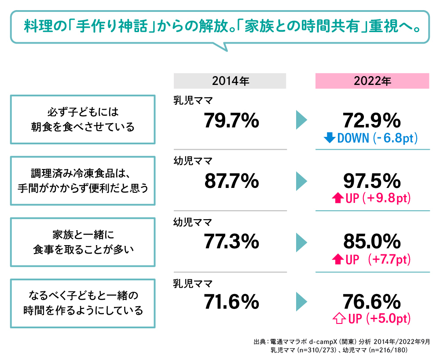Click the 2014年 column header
[x=230, y=81]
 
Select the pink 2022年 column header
[x=372, y=81]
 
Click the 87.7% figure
[x=231, y=181]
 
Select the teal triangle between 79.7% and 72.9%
[x=301, y=120]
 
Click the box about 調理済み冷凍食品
[x=83, y=180]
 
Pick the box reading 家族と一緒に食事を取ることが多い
[x=83, y=241]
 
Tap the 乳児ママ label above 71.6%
[x=193, y=283]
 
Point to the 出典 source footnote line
[x=341, y=342]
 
